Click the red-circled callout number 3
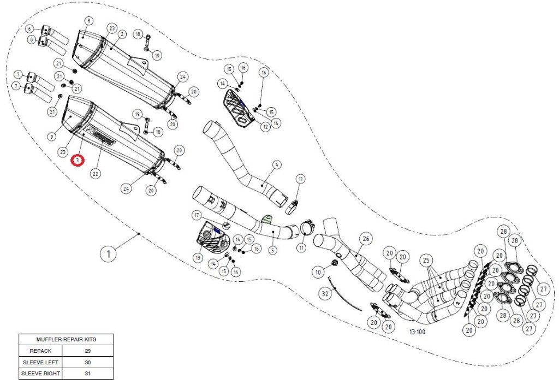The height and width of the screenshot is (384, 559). coord(79,161)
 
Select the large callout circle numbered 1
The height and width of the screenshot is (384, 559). coord(109,253)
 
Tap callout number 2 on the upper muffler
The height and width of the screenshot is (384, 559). coord(122,34)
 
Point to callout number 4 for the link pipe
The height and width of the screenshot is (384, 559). coord(277,164)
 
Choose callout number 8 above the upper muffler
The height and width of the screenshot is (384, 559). coord(88,21)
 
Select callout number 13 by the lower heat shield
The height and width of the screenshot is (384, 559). coord(198,257)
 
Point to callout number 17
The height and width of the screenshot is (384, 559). coord(197,216)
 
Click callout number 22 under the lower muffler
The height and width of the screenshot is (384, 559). coord(96,174)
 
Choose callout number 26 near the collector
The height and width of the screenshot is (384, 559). coord(366,238)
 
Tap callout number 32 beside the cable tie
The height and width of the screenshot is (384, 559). coord(325,293)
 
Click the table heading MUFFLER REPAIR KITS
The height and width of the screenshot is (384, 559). coord(66,339)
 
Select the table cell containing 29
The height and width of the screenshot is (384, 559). coord(88,351)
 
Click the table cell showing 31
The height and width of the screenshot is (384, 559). coord(88,374)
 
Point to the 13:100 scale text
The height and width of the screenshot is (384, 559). coord(418,331)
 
